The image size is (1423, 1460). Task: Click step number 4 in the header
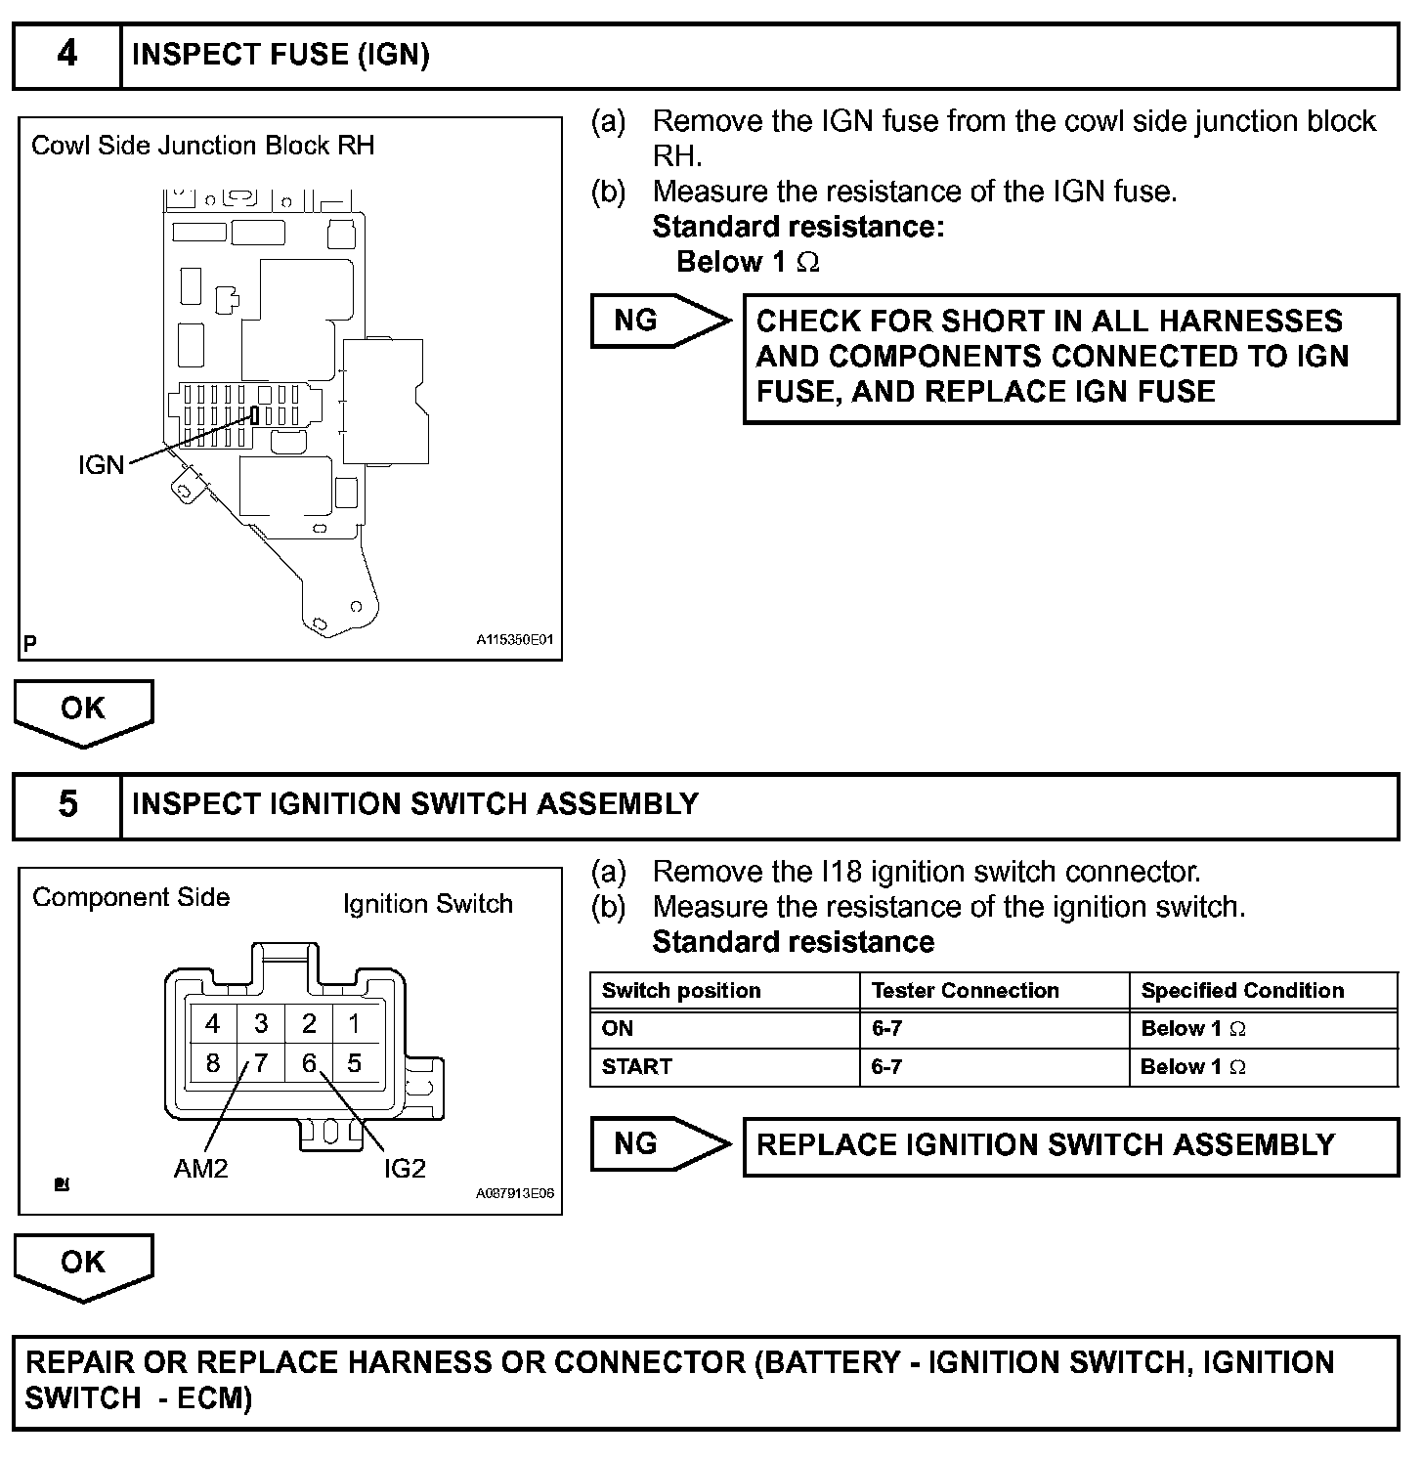[x=66, y=55]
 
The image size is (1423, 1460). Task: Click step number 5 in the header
[x=66, y=805]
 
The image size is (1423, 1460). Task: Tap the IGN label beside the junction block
[x=102, y=465]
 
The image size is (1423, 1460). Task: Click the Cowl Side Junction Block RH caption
[x=202, y=146]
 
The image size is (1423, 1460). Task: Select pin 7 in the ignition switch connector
[x=261, y=1062]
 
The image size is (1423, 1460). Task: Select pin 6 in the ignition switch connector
[x=309, y=1062]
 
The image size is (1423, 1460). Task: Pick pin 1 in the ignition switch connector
[x=354, y=1023]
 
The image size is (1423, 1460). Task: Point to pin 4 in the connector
[x=212, y=1023]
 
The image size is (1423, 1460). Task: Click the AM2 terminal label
[x=200, y=1168]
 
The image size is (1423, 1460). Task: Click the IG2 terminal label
[x=405, y=1168]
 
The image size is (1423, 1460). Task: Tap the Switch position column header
[x=681, y=991]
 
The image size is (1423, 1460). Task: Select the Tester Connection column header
[x=965, y=991]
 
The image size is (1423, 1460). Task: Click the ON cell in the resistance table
[x=618, y=1029]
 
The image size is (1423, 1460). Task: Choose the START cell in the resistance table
[x=637, y=1067]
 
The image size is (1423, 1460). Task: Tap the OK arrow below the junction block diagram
[x=83, y=709]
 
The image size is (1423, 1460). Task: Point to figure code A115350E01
[x=515, y=640]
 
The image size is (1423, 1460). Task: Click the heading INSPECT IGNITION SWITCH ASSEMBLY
[x=415, y=804]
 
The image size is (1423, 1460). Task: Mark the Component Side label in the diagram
[x=131, y=897]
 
